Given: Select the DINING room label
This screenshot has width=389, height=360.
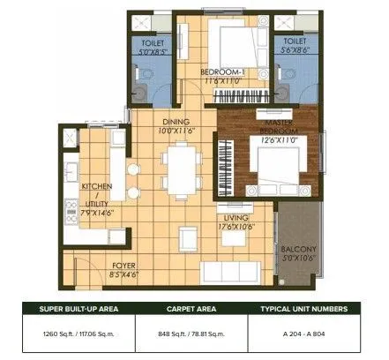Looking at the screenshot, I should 176,123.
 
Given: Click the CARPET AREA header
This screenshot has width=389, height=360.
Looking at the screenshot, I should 193,309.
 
